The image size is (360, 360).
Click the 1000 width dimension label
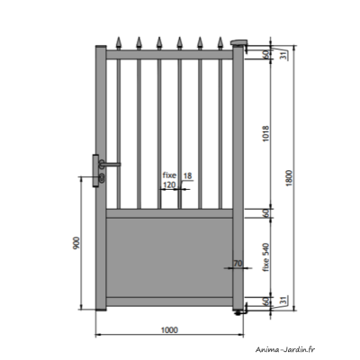(168, 328)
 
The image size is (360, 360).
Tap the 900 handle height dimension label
(78, 243)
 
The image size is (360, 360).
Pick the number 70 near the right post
(238, 264)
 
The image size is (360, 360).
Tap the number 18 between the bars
(186, 175)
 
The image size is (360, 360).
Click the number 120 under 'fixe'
(168, 184)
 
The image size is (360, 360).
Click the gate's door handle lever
(112, 164)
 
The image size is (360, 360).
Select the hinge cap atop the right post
(239, 42)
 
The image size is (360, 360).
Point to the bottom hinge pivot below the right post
(237, 312)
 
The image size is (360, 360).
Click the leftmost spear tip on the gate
(120, 41)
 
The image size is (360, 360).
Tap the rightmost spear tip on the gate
(218, 41)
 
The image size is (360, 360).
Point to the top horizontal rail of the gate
(168, 56)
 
